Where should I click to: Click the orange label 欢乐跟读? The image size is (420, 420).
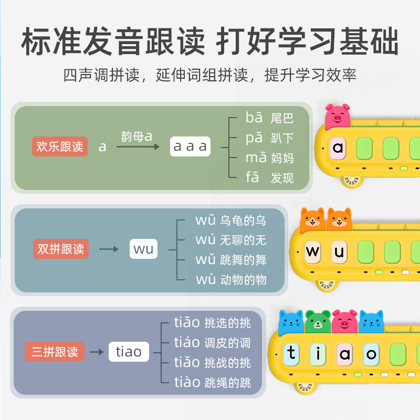[x=60, y=146]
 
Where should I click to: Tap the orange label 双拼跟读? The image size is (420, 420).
[x=61, y=248]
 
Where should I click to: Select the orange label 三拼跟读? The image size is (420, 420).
[x=55, y=351]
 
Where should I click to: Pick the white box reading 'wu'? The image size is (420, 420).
[x=143, y=248]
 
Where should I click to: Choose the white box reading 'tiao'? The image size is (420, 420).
[x=129, y=351]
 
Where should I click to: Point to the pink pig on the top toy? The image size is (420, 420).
[x=337, y=115]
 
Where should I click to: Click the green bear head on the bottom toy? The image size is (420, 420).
[x=318, y=322]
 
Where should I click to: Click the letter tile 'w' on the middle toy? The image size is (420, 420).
[x=312, y=251]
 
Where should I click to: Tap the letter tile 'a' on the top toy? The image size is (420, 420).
[x=338, y=148]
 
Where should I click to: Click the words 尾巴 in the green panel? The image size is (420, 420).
[x=282, y=119]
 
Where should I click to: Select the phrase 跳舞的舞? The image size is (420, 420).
[x=243, y=260]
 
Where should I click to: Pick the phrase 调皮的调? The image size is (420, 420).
[x=227, y=343]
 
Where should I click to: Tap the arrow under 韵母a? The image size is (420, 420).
[x=138, y=148]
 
